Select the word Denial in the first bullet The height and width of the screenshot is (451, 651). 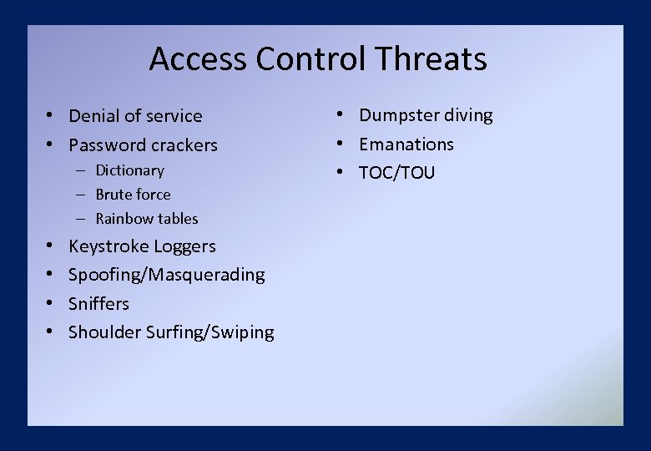pyautogui.click(x=93, y=116)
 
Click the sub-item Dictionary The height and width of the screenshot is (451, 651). pyautogui.click(x=129, y=170)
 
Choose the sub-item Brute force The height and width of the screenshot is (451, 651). pyautogui.click(x=133, y=195)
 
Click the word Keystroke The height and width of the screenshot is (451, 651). pyautogui.click(x=104, y=246)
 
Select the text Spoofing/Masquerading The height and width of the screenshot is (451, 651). pyautogui.click(x=166, y=275)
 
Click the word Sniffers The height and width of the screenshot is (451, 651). pyautogui.click(x=98, y=303)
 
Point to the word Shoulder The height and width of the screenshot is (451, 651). pyautogui.click(x=104, y=332)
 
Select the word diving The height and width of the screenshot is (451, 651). pyautogui.click(x=467, y=115)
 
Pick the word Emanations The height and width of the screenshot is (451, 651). pyautogui.click(x=406, y=144)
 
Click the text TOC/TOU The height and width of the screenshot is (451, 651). pyautogui.click(x=396, y=173)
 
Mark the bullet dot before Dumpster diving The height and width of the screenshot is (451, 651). pyautogui.click(x=341, y=115)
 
